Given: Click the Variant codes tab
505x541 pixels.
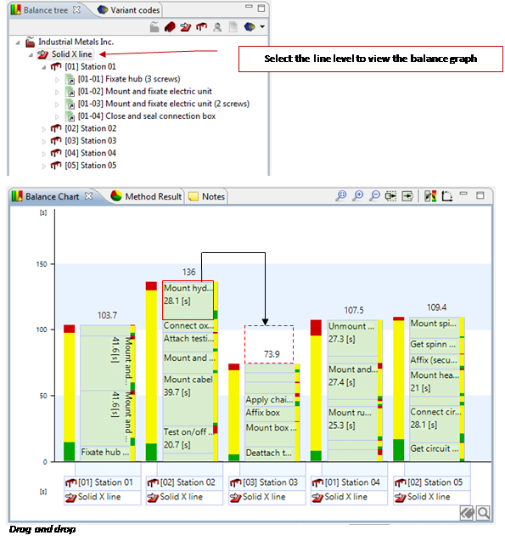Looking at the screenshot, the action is [129, 10].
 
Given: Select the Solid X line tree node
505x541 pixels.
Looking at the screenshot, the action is [71, 54].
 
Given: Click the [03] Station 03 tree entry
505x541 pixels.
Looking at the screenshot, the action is [90, 141].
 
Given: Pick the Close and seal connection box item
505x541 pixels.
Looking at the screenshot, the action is [147, 116].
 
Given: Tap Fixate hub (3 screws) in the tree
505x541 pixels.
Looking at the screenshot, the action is [129, 79].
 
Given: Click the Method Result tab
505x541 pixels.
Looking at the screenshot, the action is [146, 196].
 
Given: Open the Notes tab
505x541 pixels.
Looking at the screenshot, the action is [207, 196].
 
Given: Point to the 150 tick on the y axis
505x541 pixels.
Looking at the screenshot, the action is [42, 264].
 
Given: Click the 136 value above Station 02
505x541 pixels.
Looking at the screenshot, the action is [188, 273].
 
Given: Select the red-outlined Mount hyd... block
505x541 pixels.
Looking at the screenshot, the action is [188, 300].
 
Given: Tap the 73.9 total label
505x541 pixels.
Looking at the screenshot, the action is [272, 354].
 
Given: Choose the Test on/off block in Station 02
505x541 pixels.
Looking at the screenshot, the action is [188, 439].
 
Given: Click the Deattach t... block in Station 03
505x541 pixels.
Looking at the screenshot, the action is [270, 453].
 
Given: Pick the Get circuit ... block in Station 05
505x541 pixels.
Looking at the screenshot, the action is [435, 449].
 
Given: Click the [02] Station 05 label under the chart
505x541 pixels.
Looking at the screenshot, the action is [432, 482].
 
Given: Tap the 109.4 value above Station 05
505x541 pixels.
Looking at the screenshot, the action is [436, 307].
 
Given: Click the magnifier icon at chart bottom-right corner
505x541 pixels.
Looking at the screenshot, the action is [483, 513].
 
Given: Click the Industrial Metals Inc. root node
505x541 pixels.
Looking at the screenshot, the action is [76, 42].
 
